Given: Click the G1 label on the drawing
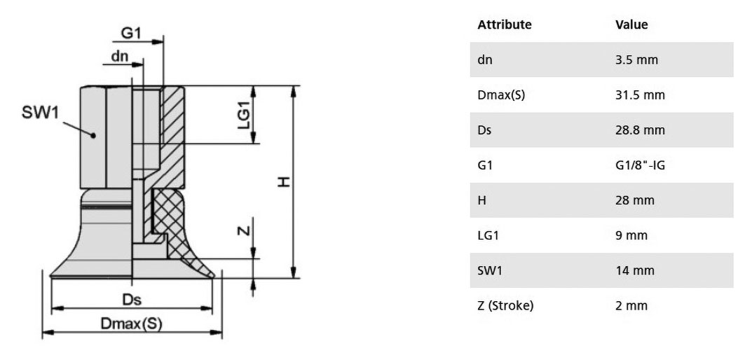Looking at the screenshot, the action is (x=131, y=33).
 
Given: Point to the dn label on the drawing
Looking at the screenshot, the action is (x=120, y=57).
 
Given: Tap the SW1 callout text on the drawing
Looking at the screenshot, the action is (x=41, y=113).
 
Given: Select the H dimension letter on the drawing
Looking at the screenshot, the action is (x=284, y=181).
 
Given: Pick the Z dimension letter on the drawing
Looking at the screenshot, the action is (x=243, y=231).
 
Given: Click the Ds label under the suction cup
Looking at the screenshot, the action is (x=132, y=300).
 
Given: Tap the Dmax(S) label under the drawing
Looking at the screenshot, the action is (x=132, y=324).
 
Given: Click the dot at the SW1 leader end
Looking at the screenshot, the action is (x=93, y=135).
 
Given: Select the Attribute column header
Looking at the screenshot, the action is (x=505, y=25).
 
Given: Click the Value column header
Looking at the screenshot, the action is (x=631, y=25).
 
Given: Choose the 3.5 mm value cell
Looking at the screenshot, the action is (x=636, y=60).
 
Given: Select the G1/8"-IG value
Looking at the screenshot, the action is (x=640, y=165).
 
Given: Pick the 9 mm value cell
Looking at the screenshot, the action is (x=631, y=235).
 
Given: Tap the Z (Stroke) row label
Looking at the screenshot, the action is (x=505, y=306).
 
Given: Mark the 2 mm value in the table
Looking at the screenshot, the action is (x=631, y=306).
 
